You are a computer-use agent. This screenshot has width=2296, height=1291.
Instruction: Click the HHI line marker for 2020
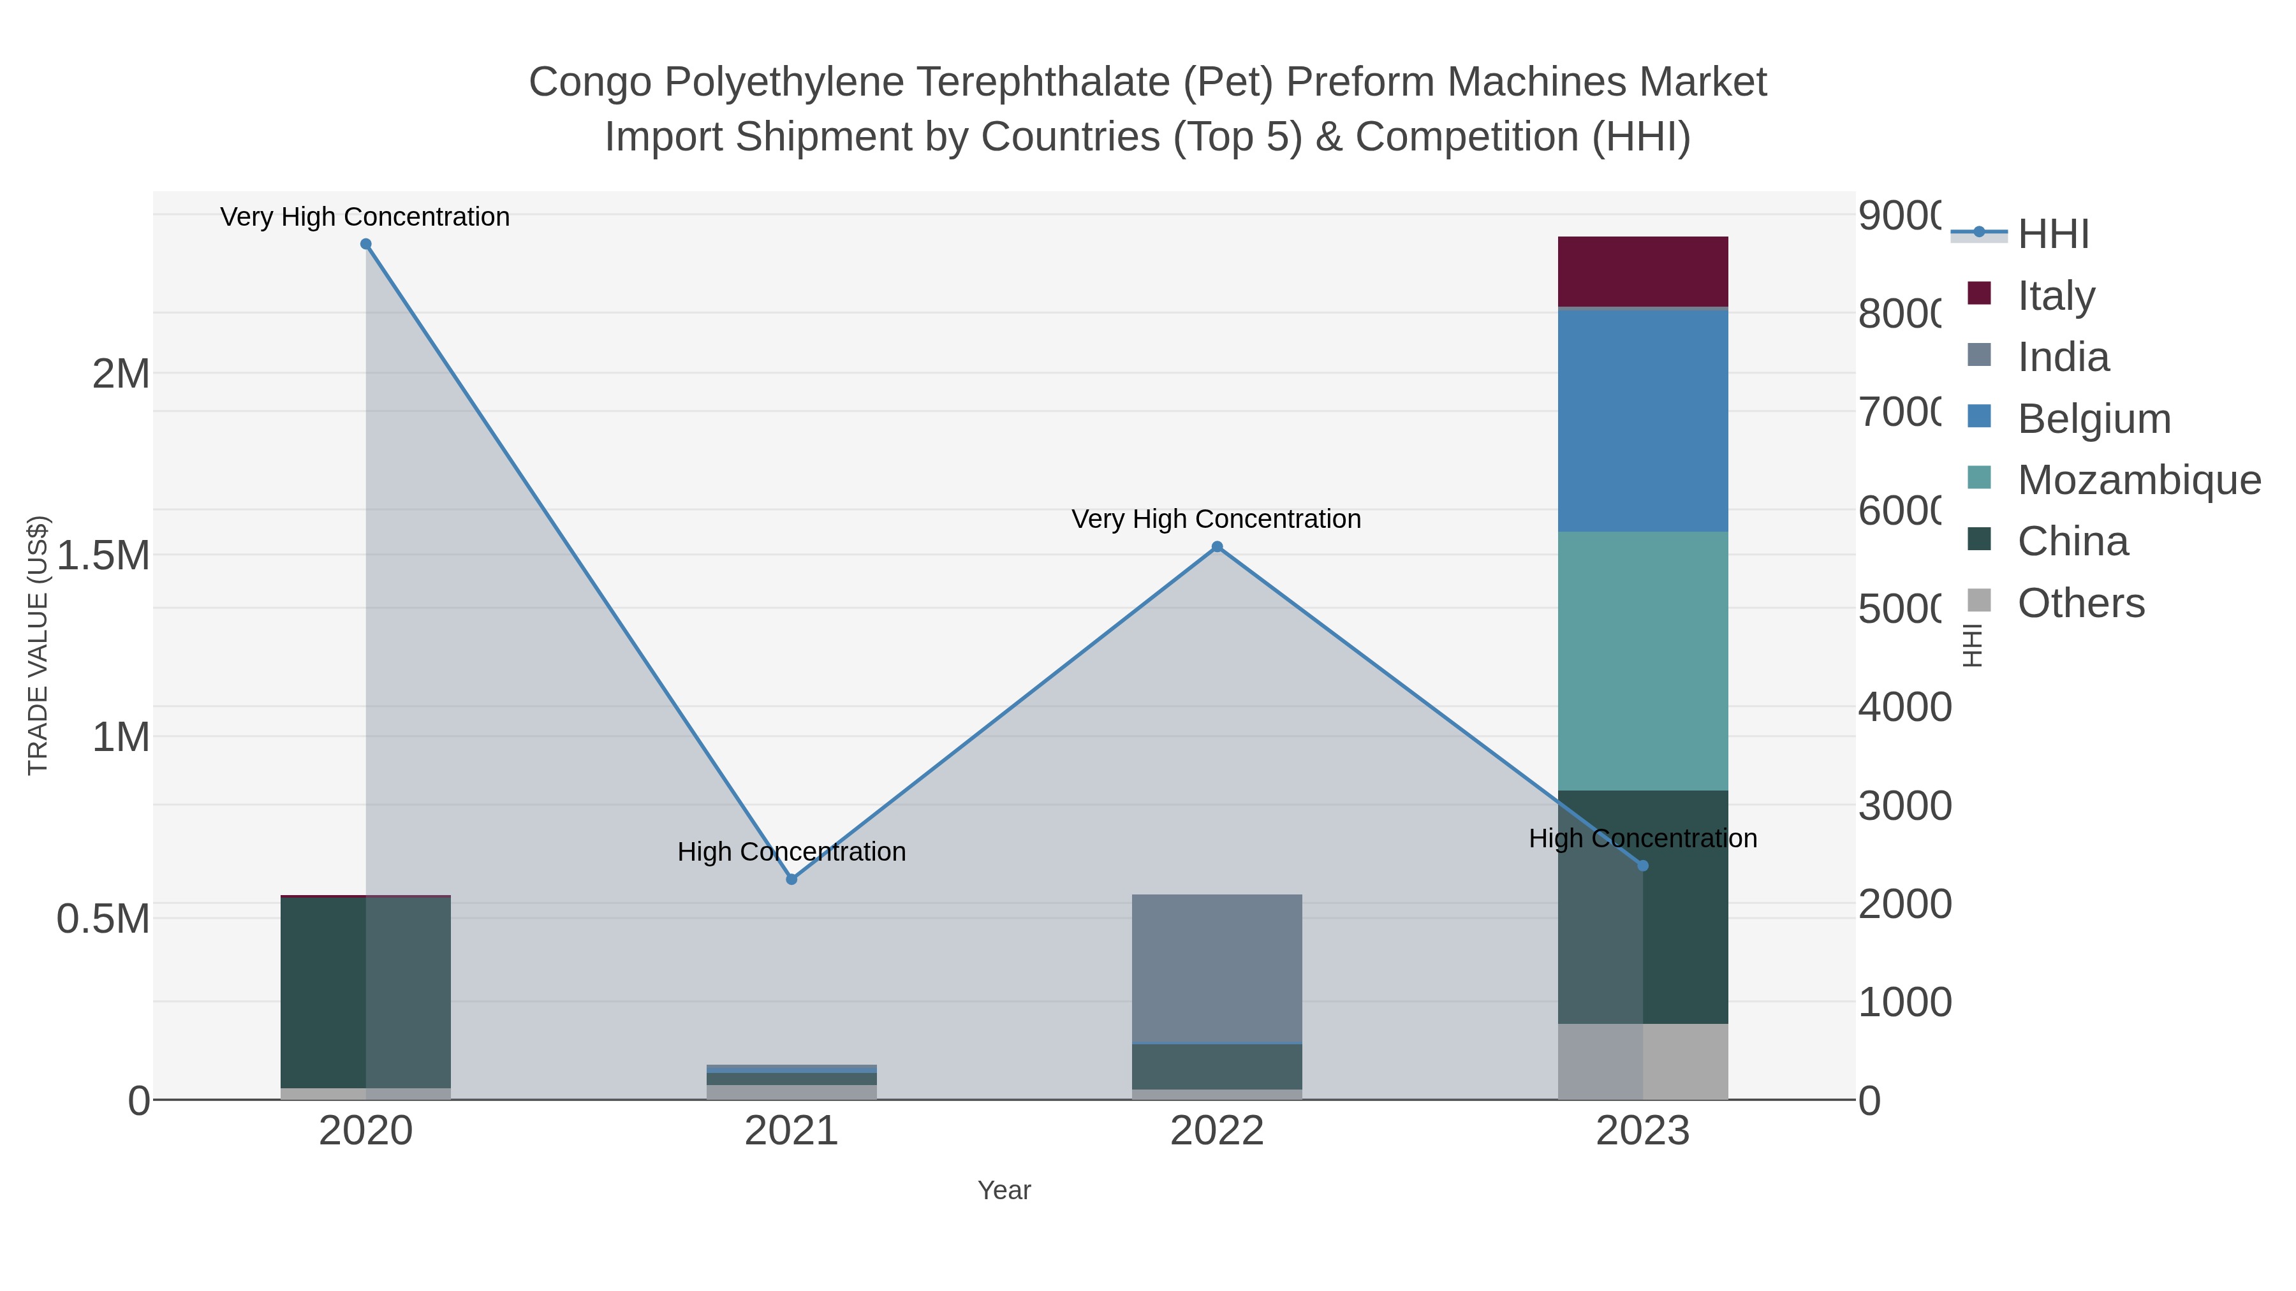[x=365, y=244]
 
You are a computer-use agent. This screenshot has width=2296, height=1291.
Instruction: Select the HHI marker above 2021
[x=791, y=879]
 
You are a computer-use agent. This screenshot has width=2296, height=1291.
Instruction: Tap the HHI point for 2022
[x=1217, y=547]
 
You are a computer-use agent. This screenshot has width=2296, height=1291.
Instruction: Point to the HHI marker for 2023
[x=1643, y=865]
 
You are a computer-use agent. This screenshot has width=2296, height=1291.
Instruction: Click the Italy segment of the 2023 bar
[x=1643, y=272]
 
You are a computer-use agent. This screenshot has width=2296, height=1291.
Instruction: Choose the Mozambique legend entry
[x=2139, y=480]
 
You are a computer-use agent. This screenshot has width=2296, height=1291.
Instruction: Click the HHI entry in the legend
[x=2052, y=235]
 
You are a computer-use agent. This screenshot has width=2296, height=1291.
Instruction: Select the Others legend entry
[x=2080, y=603]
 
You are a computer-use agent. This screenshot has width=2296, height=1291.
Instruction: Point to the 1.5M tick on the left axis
[x=103, y=556]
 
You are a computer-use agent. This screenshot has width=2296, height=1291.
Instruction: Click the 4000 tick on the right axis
[x=1904, y=708]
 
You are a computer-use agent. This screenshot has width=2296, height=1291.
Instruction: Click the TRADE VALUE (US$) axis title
[x=38, y=645]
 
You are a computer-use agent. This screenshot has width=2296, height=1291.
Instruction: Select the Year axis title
[x=1004, y=1190]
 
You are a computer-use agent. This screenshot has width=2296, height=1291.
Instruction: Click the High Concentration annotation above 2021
[x=791, y=852]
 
